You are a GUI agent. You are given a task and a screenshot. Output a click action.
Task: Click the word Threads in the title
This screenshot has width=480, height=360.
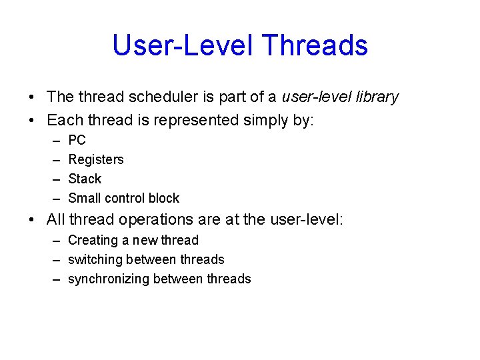[315, 45]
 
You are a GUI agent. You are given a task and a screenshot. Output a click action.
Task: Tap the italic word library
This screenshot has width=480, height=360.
[375, 97]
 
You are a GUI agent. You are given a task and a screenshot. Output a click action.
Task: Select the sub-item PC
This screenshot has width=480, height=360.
[77, 141]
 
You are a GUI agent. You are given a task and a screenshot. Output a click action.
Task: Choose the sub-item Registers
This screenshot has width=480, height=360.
[96, 160]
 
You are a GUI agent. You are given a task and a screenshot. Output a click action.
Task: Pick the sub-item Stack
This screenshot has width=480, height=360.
[85, 179]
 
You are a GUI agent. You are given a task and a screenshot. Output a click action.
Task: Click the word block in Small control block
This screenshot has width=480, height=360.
[164, 199]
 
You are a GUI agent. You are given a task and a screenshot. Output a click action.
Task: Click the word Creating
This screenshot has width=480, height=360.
[92, 241]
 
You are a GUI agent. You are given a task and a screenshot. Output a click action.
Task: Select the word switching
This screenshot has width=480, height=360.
[95, 260]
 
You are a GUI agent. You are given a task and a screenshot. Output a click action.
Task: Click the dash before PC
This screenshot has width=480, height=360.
[54, 141]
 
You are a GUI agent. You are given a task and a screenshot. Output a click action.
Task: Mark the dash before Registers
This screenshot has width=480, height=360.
[54, 160]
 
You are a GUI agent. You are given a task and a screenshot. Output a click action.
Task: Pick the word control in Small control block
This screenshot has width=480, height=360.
[124, 199]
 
